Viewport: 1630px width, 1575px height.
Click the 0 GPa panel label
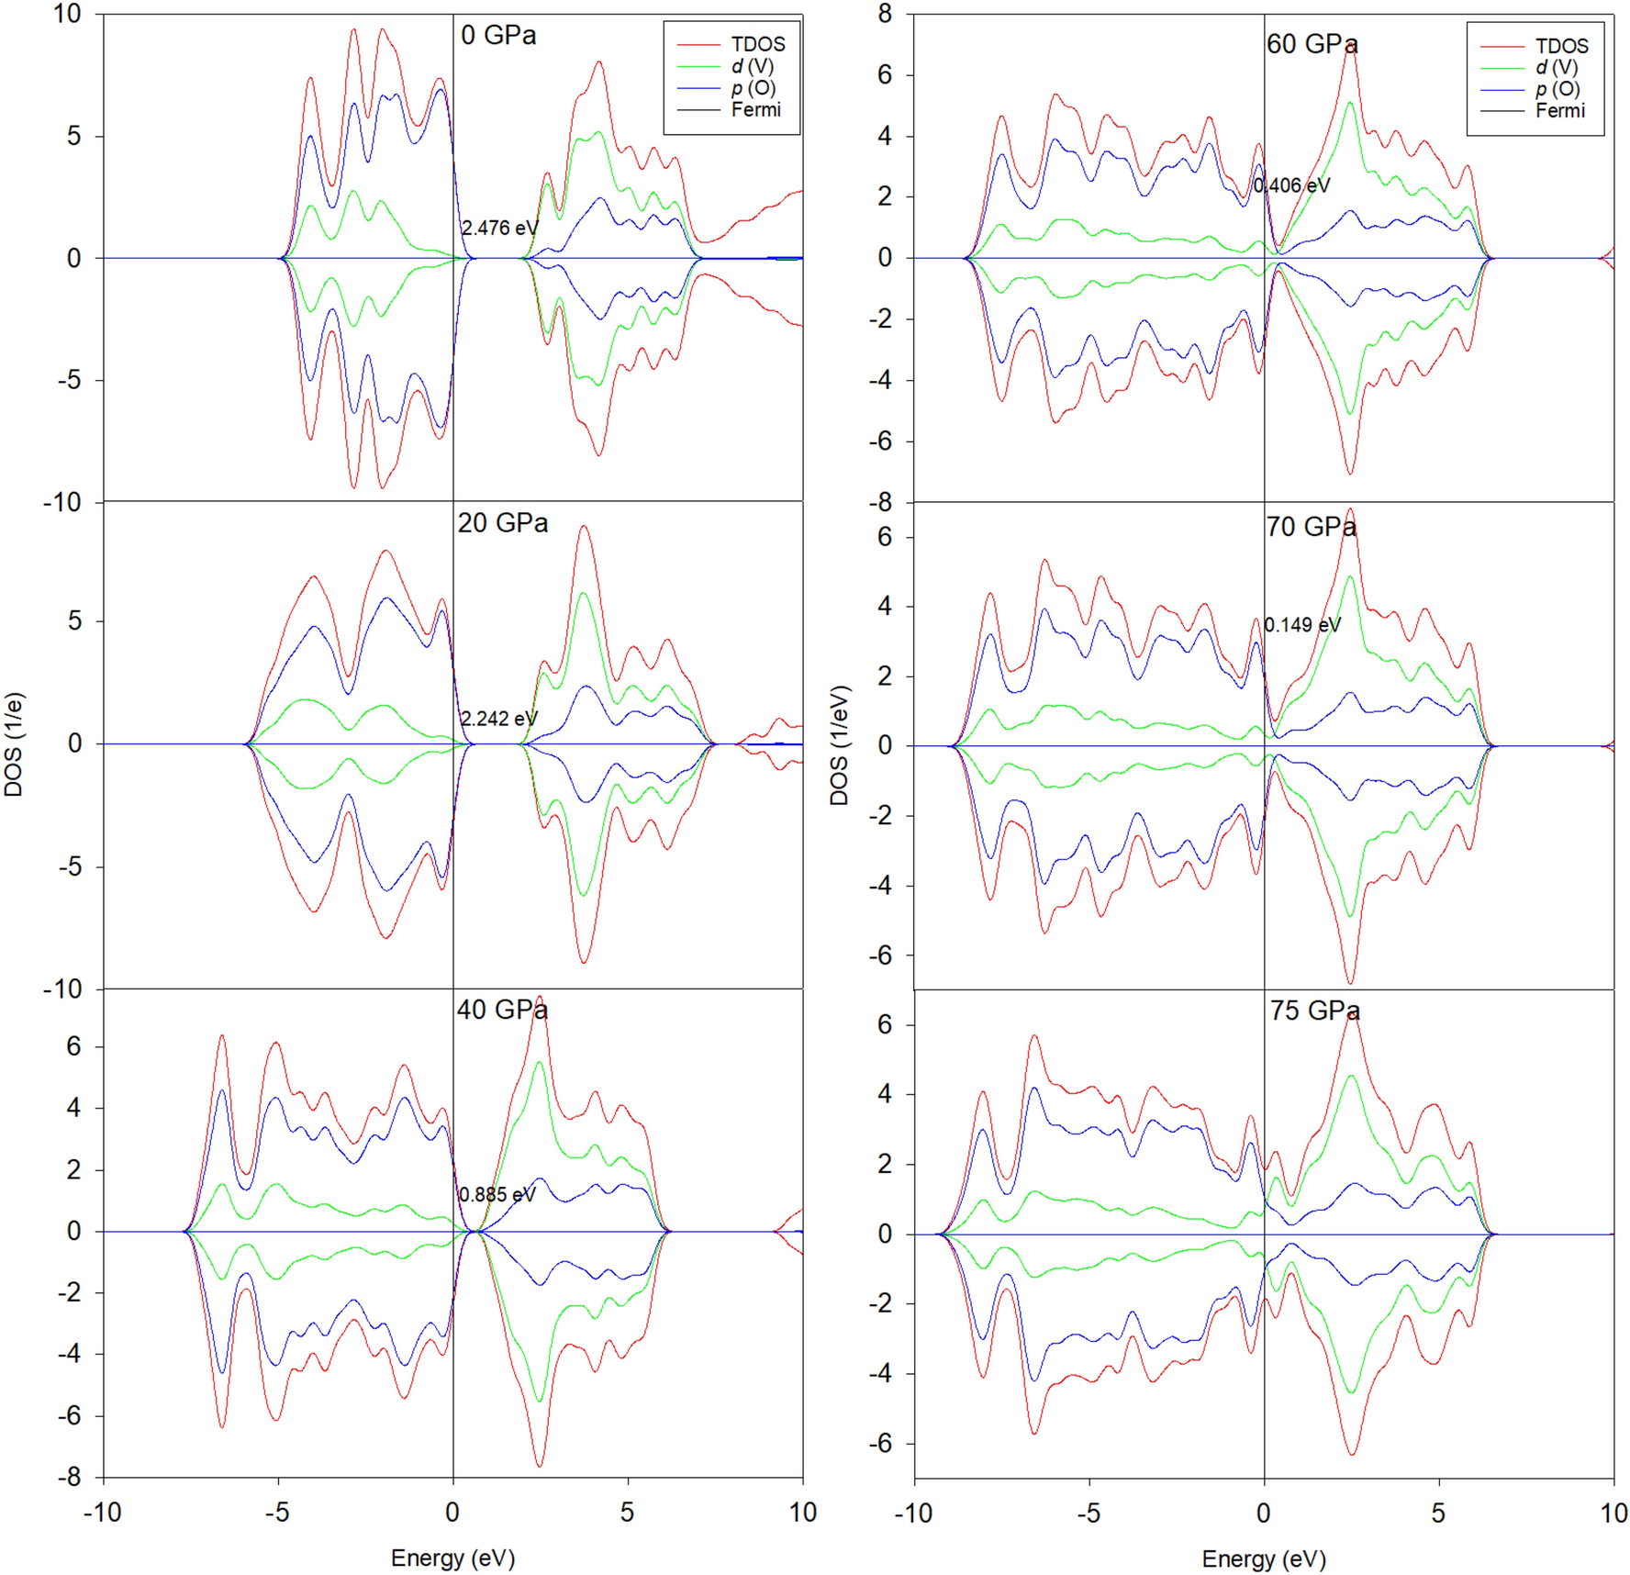tap(498, 36)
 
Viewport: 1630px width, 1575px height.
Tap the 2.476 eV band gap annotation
tap(499, 228)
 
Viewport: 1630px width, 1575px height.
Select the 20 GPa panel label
tap(502, 523)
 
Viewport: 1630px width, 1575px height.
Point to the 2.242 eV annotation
tap(498, 719)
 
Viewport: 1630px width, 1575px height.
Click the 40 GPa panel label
tap(502, 1010)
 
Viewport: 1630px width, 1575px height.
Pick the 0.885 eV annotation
tap(497, 1194)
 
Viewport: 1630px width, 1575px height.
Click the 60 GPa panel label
tap(1312, 44)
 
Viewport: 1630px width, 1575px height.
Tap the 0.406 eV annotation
tap(1291, 185)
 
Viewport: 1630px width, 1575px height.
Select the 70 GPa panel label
tap(1311, 527)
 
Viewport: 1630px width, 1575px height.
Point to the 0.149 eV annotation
tap(1301, 625)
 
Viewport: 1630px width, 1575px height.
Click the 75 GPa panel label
tap(1314, 1011)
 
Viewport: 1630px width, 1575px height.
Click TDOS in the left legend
tap(757, 44)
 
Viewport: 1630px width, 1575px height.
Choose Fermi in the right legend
tap(1559, 111)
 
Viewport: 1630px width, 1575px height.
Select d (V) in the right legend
tap(1557, 67)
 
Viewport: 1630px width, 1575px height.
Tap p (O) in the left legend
tap(754, 88)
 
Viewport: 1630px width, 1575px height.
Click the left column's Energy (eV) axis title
tap(452, 1558)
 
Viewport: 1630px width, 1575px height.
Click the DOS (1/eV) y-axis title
tap(839, 745)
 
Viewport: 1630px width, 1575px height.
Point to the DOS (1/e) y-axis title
tap(14, 744)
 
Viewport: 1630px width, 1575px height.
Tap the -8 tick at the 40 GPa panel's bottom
tap(70, 1477)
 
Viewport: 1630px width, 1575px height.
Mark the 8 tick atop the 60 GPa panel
tap(885, 14)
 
